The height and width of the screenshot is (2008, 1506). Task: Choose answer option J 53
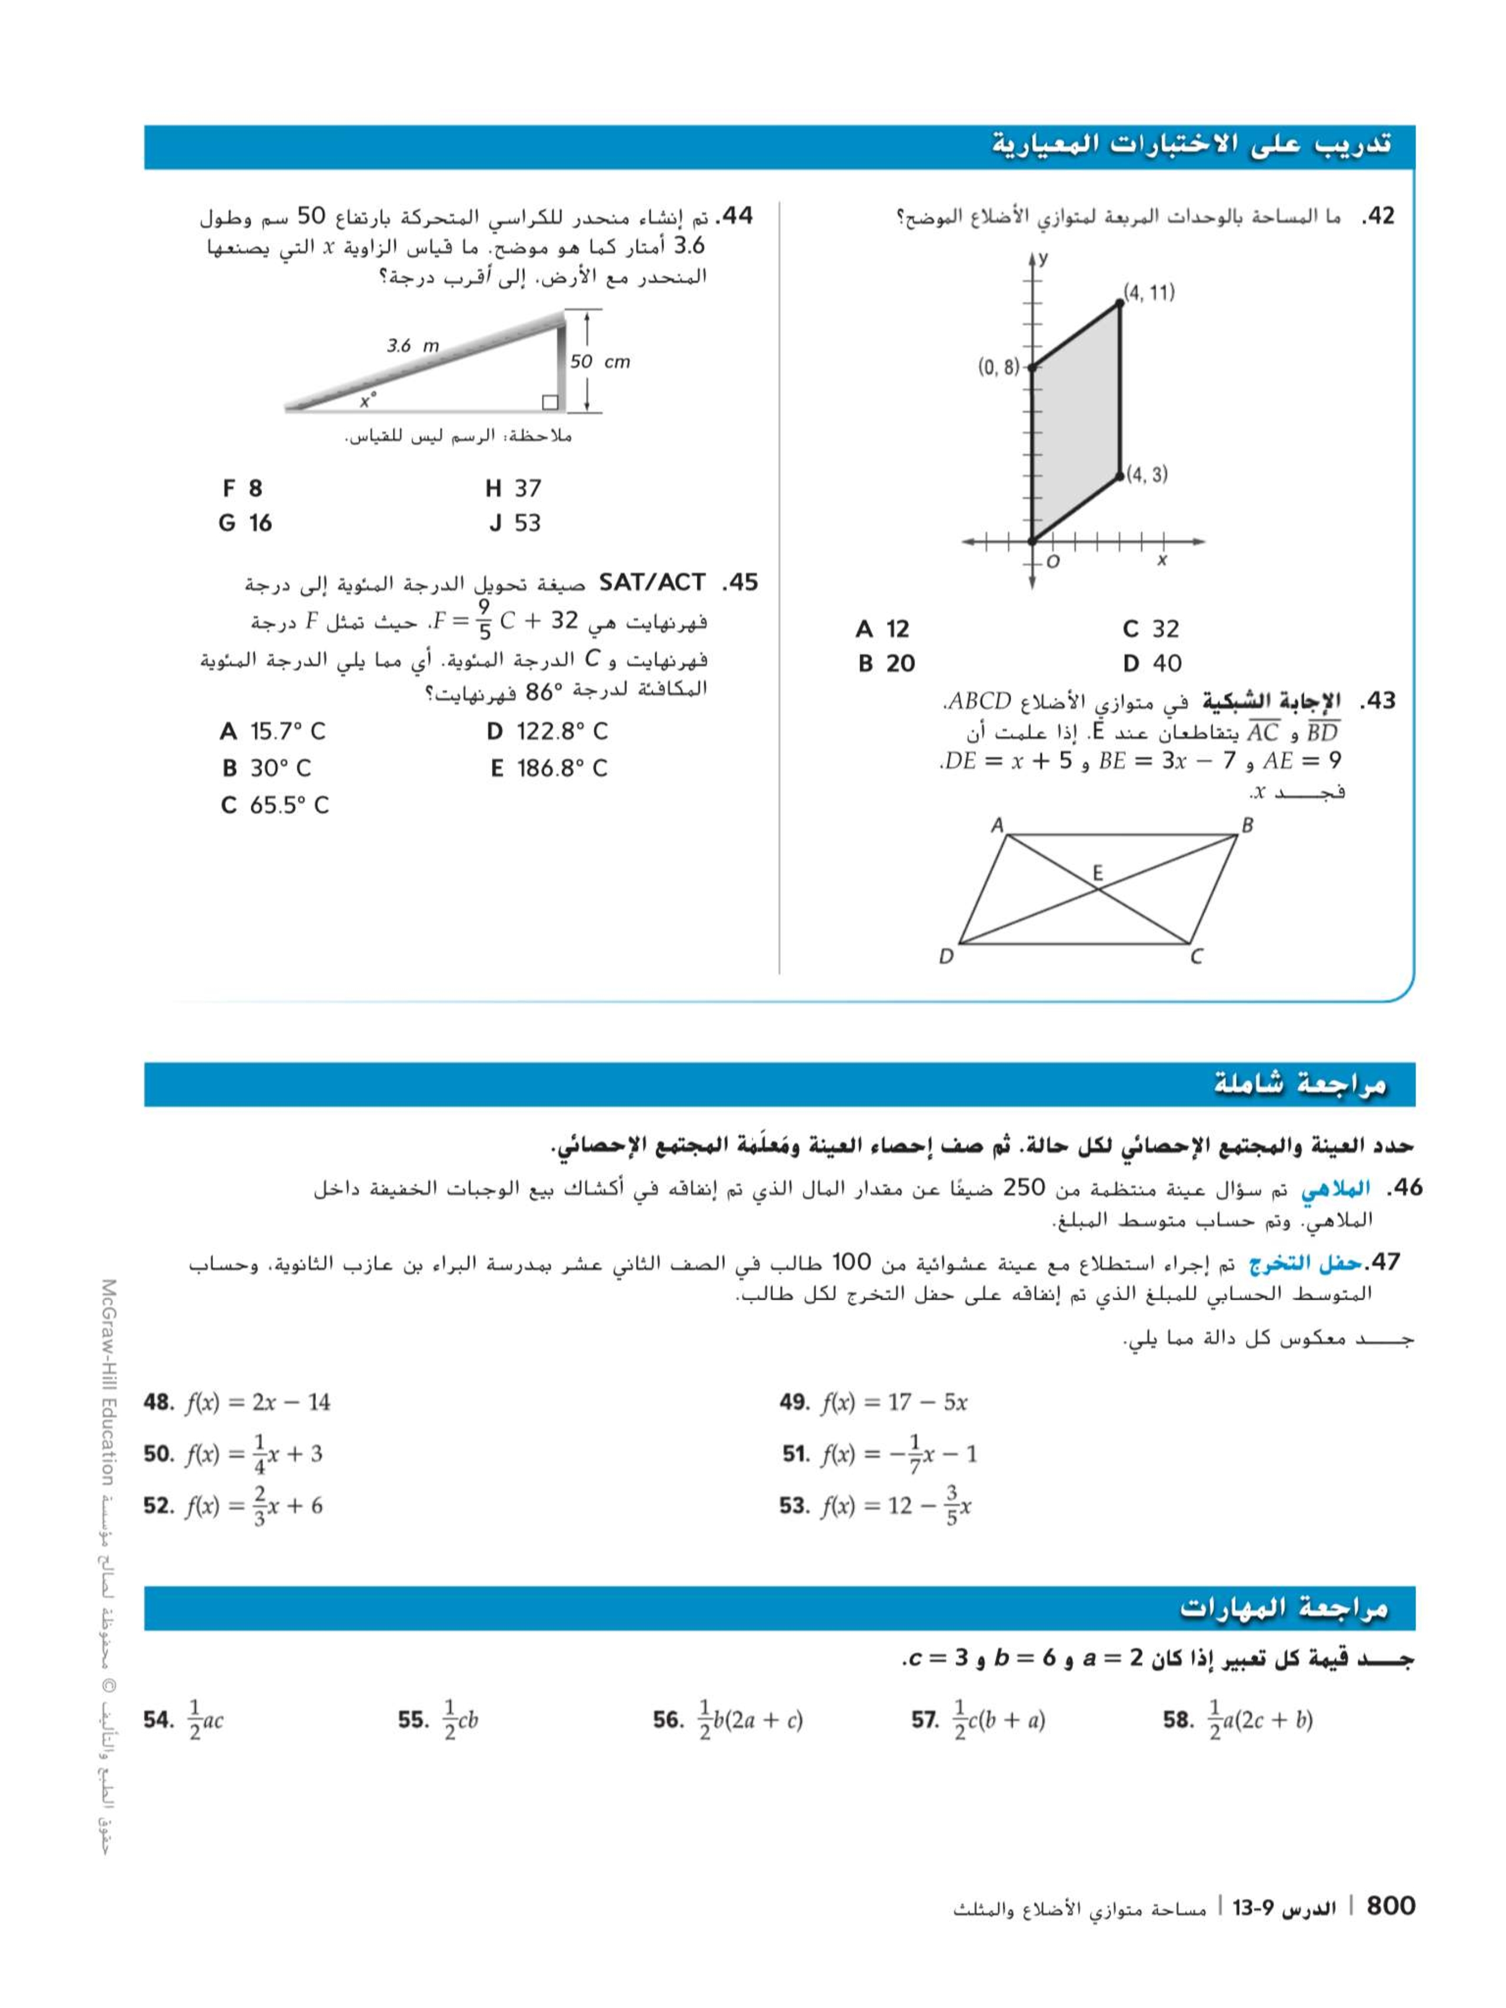click(x=514, y=523)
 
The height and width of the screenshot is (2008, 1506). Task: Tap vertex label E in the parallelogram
click(x=1098, y=873)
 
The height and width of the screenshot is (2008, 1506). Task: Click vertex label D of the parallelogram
click(x=946, y=956)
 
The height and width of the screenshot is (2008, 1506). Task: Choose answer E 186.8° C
click(x=548, y=769)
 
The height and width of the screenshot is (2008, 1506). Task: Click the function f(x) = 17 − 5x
click(x=894, y=1403)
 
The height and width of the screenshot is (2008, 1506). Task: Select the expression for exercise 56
click(x=750, y=1720)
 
